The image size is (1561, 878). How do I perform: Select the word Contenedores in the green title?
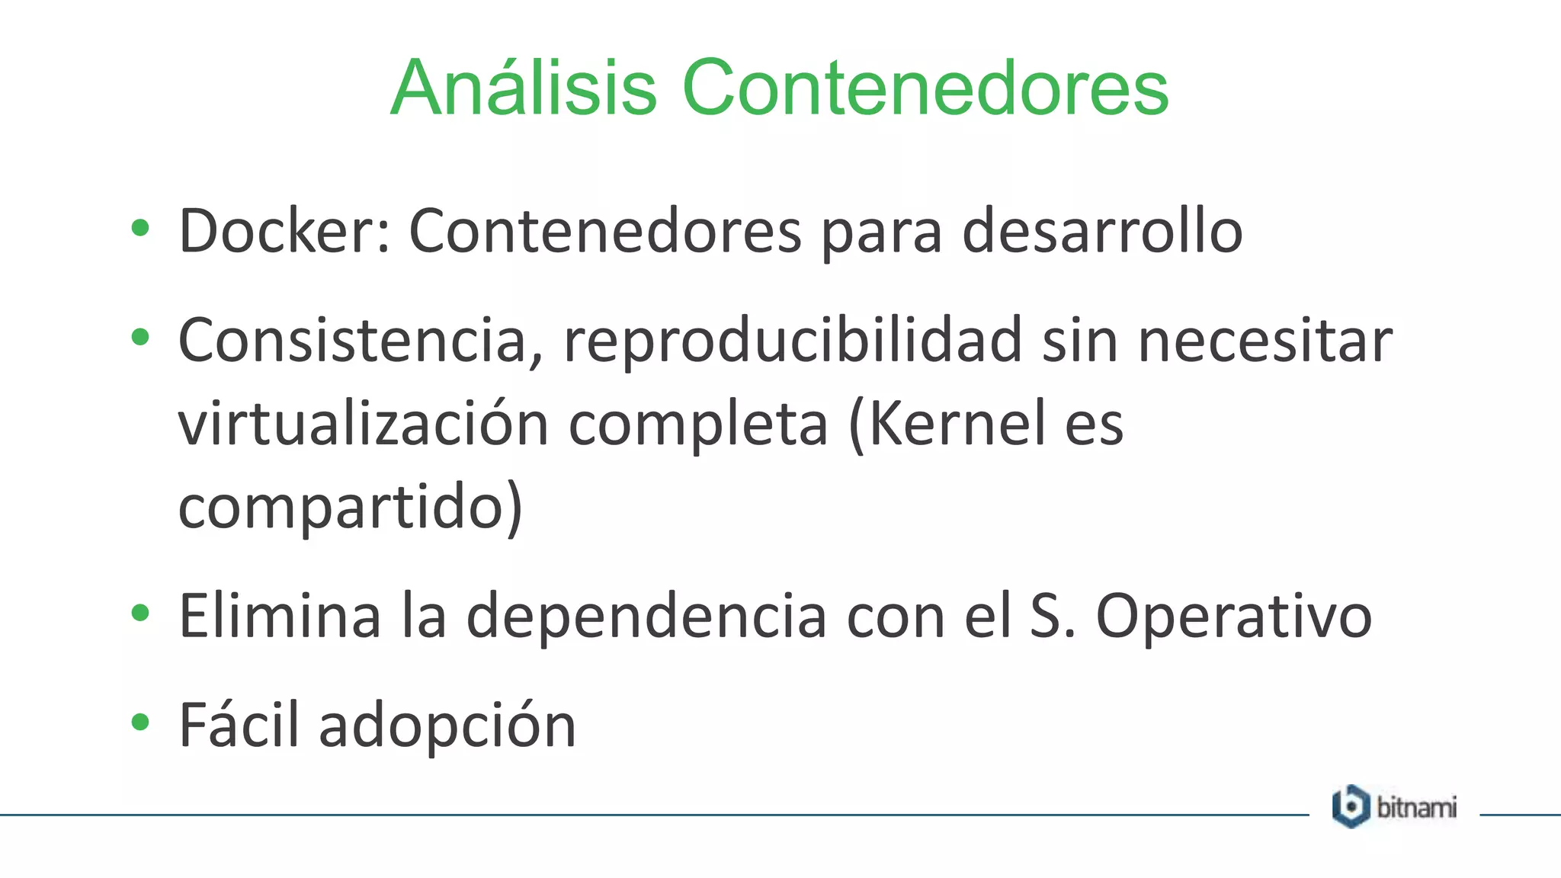pos(925,88)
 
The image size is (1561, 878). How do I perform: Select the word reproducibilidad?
pos(792,341)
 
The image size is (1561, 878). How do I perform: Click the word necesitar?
pos(1265,341)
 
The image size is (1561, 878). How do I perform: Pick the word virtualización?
pos(364,424)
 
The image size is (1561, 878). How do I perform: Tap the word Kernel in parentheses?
pos(956,424)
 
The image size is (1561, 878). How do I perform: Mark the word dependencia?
pos(646,616)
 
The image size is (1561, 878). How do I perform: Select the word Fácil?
pos(239,725)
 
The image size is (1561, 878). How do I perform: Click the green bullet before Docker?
pos(139,228)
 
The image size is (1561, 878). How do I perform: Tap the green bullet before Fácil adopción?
pos(139,722)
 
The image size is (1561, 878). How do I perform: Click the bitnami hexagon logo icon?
pos(1351,806)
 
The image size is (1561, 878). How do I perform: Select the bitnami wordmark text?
pos(1416,807)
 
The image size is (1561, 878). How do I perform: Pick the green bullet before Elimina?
pos(139,613)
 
